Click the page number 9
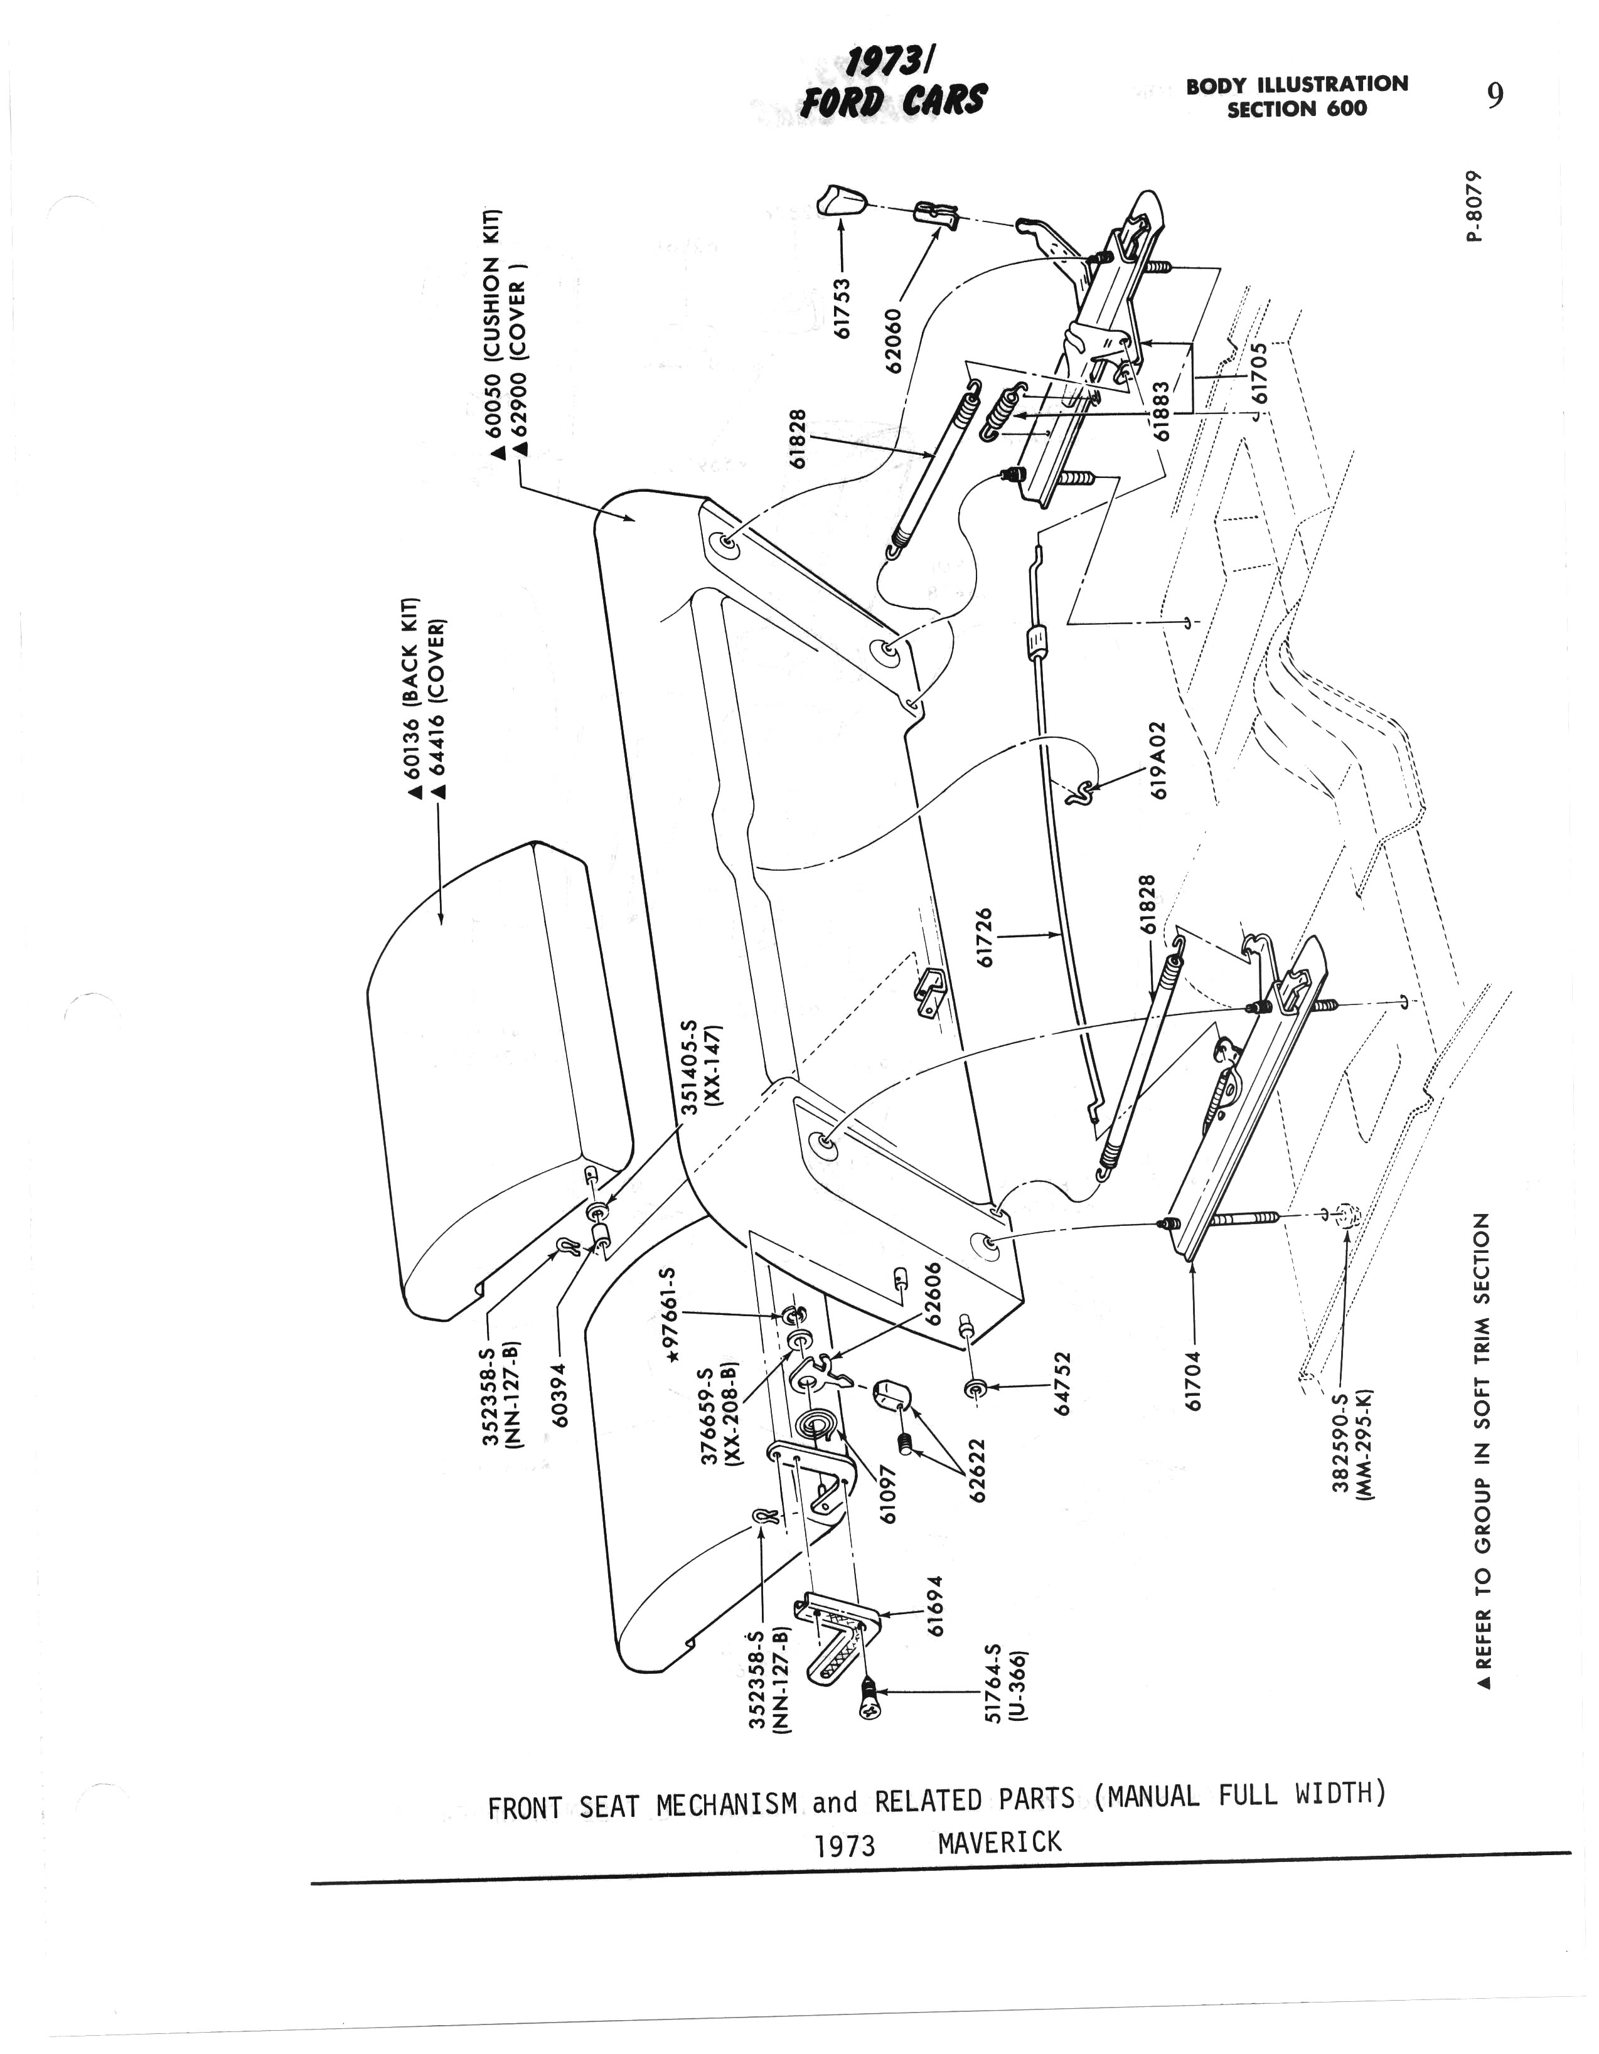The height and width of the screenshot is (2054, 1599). [x=1495, y=96]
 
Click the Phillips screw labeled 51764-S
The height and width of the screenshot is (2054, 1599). [x=867, y=1703]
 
